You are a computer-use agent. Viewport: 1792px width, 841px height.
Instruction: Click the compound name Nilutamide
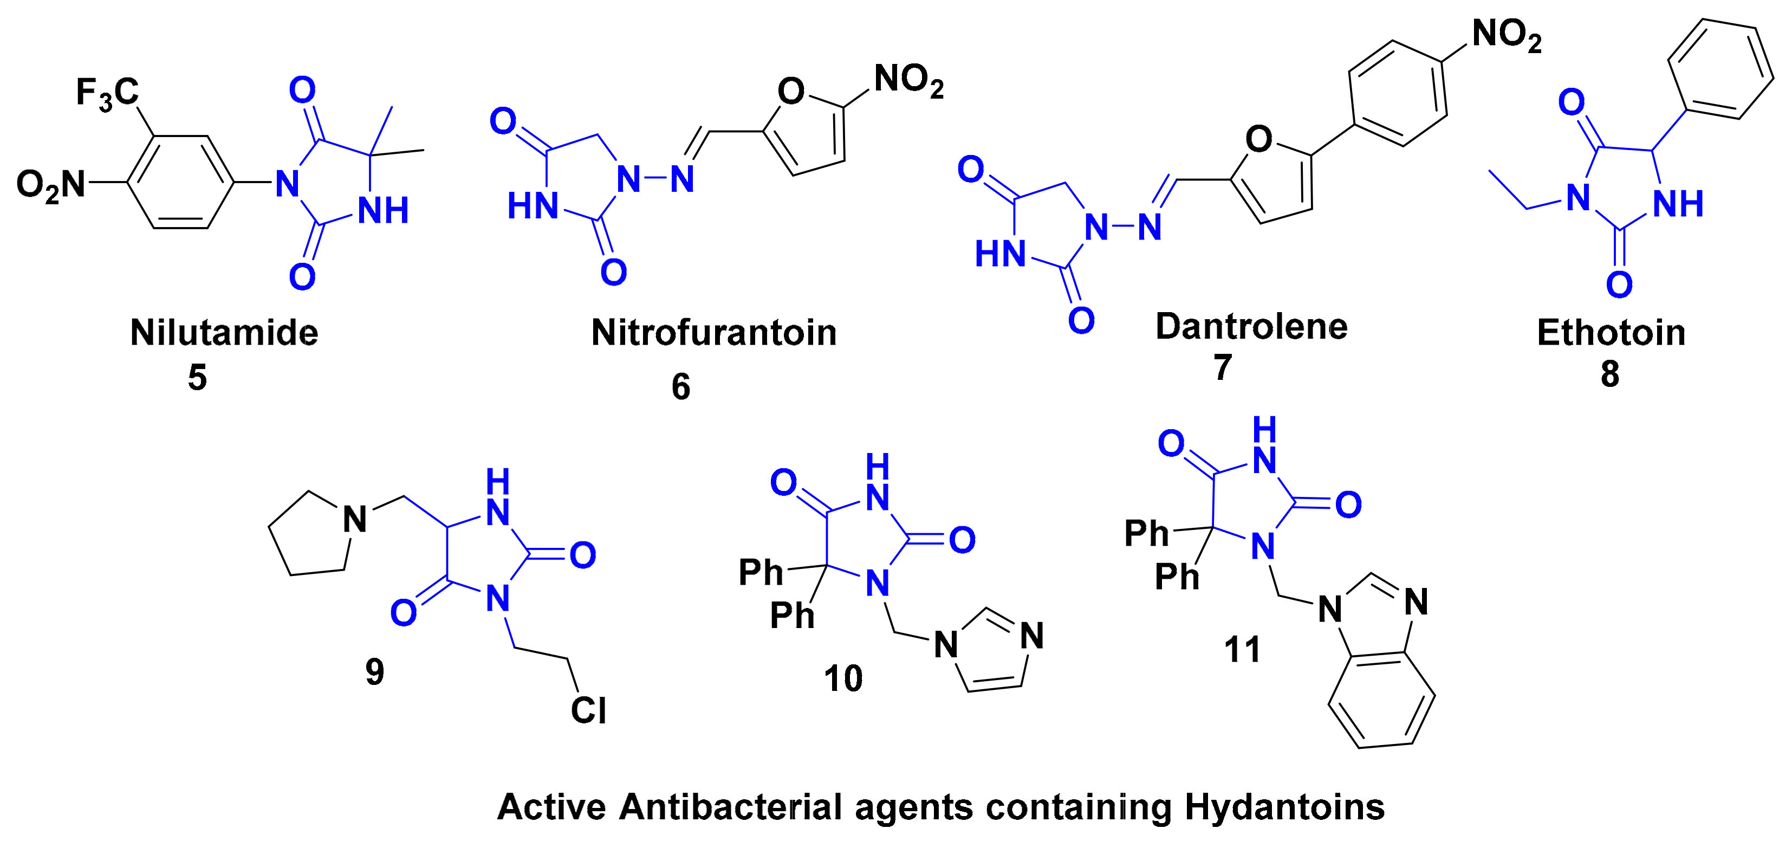(x=224, y=333)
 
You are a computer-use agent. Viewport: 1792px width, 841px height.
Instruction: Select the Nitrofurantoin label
(x=714, y=333)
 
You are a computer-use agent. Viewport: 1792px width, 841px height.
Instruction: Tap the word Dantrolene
(x=1251, y=326)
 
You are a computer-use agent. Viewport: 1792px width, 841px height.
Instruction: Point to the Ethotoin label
(x=1611, y=333)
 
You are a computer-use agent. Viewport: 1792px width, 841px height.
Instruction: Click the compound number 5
(x=198, y=378)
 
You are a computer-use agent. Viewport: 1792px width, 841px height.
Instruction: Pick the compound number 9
(x=374, y=672)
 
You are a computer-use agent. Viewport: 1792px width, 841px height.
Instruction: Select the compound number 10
(x=843, y=678)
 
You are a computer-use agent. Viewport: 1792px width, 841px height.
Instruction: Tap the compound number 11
(x=1243, y=650)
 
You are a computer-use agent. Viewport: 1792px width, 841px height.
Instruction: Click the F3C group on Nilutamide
(x=107, y=93)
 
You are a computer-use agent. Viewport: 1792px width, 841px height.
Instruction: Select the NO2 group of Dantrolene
(x=1507, y=34)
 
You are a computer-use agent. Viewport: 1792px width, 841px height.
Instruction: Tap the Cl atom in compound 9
(x=588, y=710)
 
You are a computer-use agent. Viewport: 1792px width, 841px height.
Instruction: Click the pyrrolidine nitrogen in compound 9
(x=355, y=519)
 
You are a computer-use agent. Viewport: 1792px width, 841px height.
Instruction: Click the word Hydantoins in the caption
(x=1284, y=807)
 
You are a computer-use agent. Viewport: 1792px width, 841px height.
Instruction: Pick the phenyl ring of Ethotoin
(x=1721, y=69)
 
